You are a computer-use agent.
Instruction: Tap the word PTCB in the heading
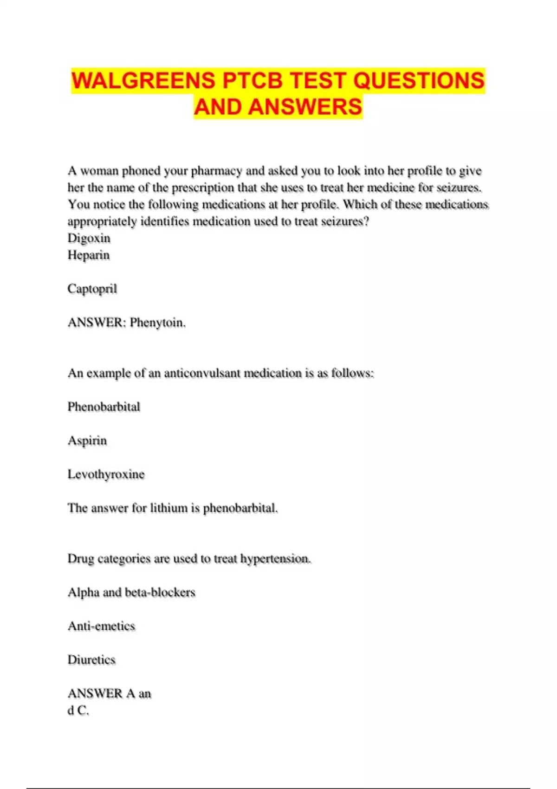click(x=253, y=80)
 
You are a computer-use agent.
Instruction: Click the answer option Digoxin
click(x=89, y=238)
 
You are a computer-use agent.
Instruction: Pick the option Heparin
click(x=89, y=255)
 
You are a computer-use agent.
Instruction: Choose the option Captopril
click(x=92, y=289)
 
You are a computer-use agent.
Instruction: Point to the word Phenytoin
click(x=157, y=322)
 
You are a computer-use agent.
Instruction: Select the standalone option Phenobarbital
click(x=104, y=407)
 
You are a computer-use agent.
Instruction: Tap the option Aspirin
click(x=87, y=440)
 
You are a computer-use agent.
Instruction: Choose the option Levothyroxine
click(x=106, y=474)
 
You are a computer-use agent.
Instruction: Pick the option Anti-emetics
click(x=102, y=626)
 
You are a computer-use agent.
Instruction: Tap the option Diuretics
click(x=91, y=660)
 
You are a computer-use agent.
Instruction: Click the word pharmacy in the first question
click(x=216, y=171)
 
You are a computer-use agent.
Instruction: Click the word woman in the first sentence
click(x=99, y=171)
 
